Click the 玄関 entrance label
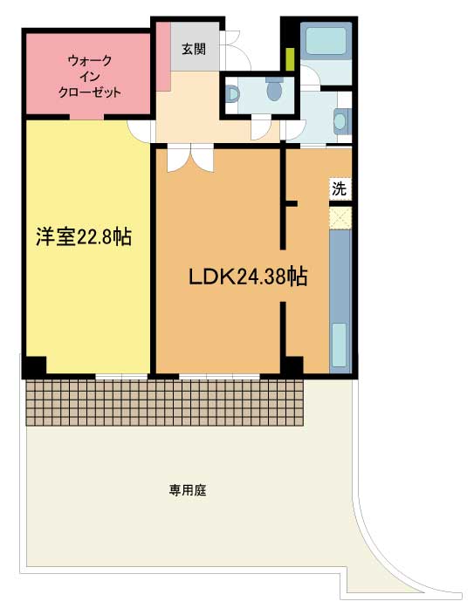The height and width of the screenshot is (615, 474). click(x=193, y=49)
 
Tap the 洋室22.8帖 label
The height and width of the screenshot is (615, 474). click(x=83, y=236)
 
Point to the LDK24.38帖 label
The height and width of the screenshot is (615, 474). click(x=247, y=277)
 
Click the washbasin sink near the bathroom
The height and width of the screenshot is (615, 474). click(x=341, y=120)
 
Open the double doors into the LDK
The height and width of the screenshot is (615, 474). click(x=189, y=158)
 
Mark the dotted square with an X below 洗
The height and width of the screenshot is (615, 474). click(x=340, y=216)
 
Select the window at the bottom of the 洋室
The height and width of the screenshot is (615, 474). click(x=121, y=376)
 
